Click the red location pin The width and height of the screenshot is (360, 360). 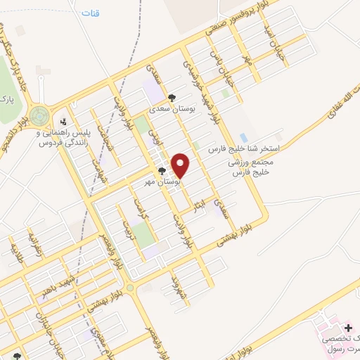tap(181, 165)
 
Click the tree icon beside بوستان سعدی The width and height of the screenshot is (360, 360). tap(172, 98)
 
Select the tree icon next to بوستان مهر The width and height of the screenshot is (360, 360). tap(162, 171)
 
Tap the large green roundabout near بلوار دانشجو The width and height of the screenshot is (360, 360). tap(39, 114)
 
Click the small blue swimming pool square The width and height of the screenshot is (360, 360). tap(243, 136)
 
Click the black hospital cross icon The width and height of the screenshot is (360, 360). tap(349, 328)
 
